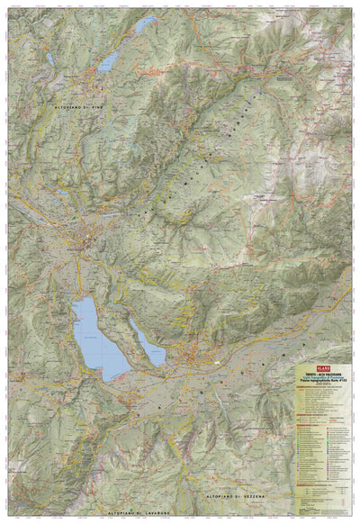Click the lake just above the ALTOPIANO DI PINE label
coord(109,61)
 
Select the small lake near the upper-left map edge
coord(49,59)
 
